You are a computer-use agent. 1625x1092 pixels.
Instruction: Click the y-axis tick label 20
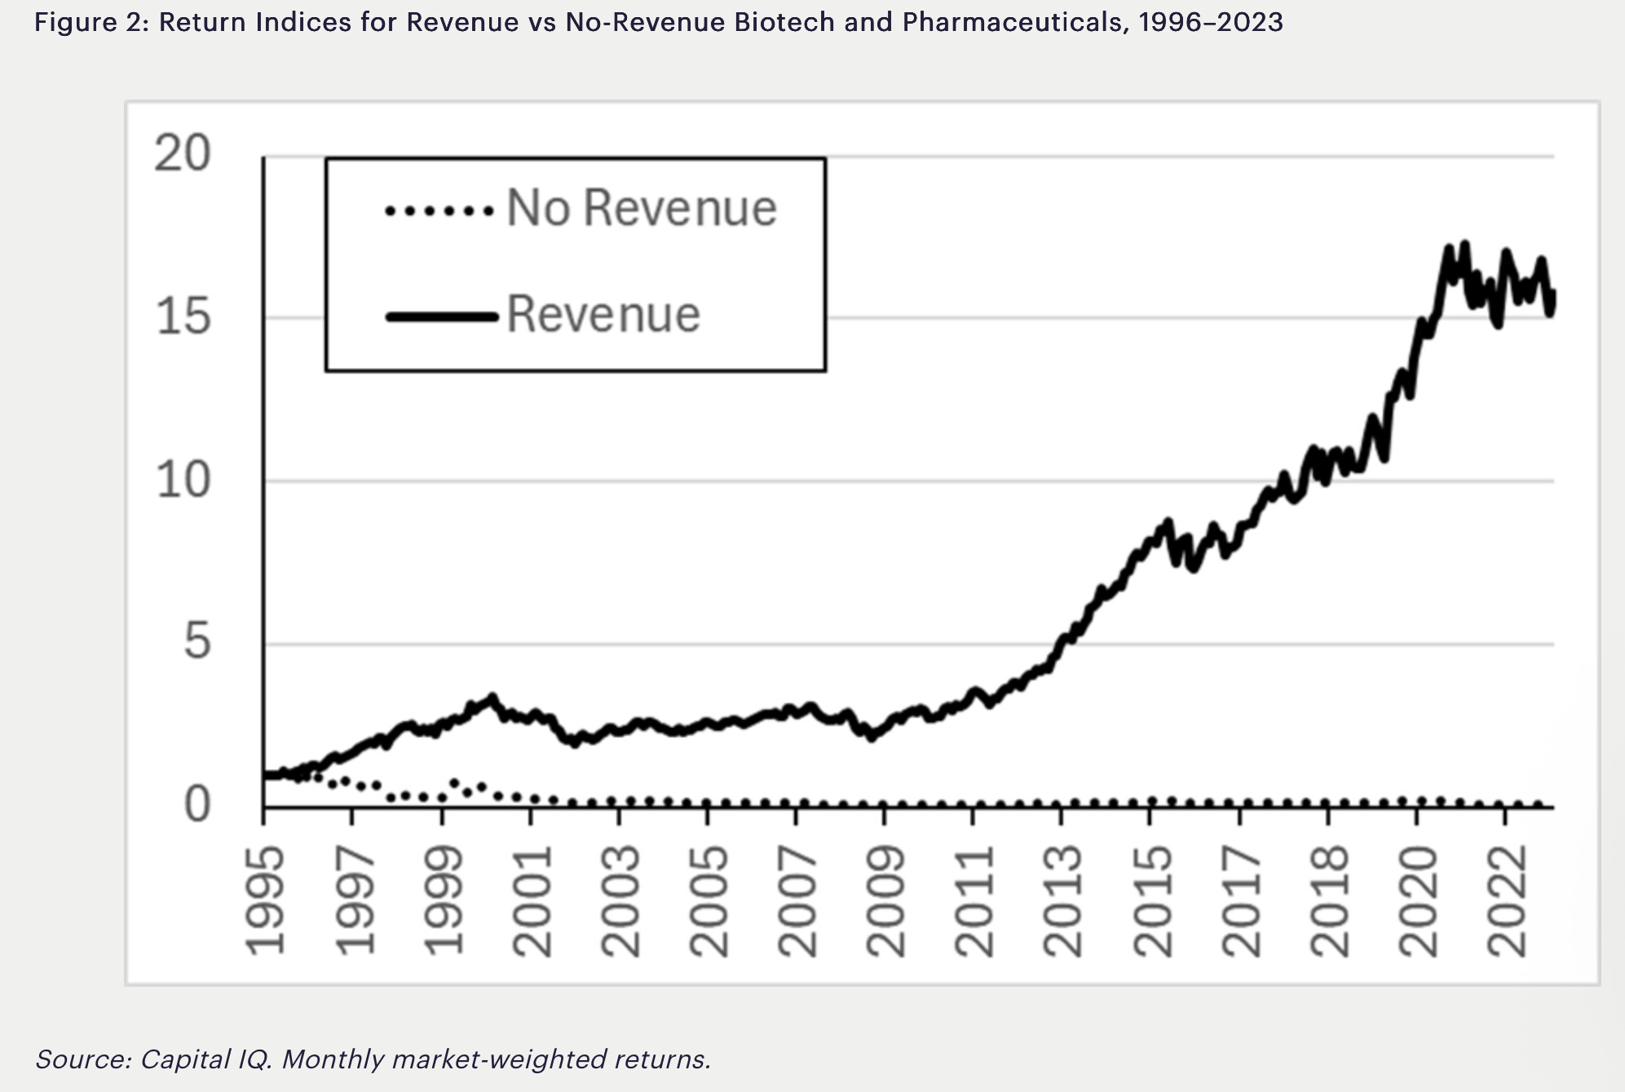tap(183, 153)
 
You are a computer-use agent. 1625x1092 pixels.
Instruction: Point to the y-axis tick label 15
tap(183, 316)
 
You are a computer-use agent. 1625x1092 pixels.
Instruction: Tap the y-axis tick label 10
tap(183, 480)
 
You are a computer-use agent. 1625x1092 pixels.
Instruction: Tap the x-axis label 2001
tap(531, 900)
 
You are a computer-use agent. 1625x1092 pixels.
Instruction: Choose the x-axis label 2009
tap(885, 900)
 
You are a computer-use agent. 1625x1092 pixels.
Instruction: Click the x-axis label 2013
tap(1062, 900)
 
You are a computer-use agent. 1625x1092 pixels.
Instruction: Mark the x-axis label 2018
tap(1329, 900)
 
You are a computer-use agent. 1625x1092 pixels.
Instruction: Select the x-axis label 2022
tap(1506, 900)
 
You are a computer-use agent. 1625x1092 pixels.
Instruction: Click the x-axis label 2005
tap(708, 900)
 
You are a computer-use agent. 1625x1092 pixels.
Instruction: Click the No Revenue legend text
tap(642, 208)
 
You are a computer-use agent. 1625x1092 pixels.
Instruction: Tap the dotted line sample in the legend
tap(439, 211)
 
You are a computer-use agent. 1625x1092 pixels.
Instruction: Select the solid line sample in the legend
tap(440, 316)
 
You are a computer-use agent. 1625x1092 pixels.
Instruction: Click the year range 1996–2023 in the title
tap(1211, 22)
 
